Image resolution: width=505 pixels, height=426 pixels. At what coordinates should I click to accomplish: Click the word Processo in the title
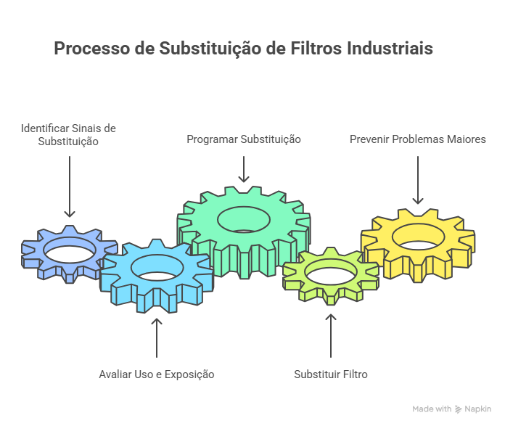[x=92, y=49]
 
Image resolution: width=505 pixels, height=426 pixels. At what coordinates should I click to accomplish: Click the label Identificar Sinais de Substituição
[x=68, y=135]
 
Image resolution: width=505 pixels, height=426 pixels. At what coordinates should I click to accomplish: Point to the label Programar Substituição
[x=244, y=139]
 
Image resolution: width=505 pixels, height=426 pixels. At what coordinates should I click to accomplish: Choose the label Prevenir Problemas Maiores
[x=418, y=139]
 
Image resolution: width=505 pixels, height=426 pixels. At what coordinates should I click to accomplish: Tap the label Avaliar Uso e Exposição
[x=157, y=374]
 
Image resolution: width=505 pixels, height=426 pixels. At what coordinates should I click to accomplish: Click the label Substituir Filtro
[x=331, y=374]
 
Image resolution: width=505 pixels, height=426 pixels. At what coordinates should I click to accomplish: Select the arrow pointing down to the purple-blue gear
[x=70, y=187]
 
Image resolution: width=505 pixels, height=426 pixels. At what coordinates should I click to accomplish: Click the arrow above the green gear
[x=244, y=169]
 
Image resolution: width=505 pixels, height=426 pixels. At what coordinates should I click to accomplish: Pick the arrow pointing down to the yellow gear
[x=418, y=180]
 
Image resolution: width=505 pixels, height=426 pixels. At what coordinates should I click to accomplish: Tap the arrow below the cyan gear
[x=157, y=338]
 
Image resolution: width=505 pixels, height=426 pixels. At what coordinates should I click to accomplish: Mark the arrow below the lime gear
[x=331, y=336]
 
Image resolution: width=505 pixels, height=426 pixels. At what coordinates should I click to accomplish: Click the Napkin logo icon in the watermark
[x=459, y=409]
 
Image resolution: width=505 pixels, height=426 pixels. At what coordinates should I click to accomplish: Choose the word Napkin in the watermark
[x=478, y=409]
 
